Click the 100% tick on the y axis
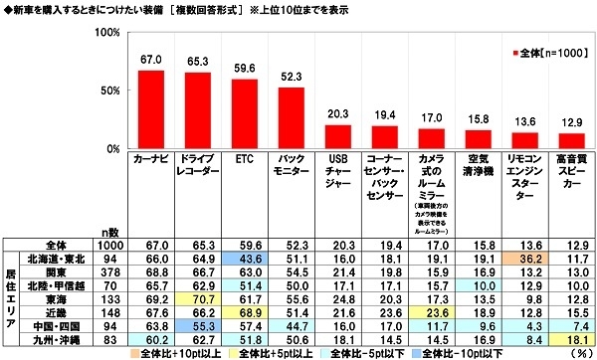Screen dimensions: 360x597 point(102,33)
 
